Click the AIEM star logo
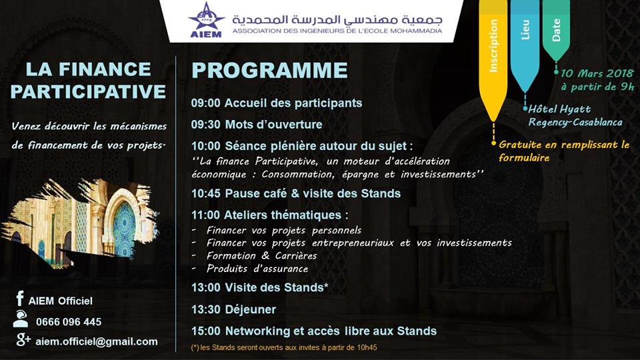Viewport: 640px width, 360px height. click(x=206, y=19)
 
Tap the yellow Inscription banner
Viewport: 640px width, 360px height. click(x=493, y=57)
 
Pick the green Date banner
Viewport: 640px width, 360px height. click(x=556, y=29)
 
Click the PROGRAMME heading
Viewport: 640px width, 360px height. click(x=270, y=70)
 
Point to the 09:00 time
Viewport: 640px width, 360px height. click(x=206, y=103)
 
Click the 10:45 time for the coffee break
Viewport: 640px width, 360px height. click(x=206, y=193)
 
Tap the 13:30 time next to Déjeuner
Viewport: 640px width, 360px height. click(x=206, y=309)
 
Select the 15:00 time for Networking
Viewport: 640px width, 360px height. click(x=206, y=331)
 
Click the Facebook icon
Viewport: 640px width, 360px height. click(x=19, y=299)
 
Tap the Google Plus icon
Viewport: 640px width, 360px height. click(x=23, y=339)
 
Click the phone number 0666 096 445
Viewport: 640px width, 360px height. click(x=69, y=322)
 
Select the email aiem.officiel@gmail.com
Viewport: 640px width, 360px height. click(x=96, y=341)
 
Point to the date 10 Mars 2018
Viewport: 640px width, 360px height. click(x=597, y=73)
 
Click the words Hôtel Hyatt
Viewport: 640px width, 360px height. click(x=559, y=109)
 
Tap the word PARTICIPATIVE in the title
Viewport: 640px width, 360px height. click(x=88, y=91)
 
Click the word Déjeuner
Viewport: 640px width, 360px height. click(x=251, y=309)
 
